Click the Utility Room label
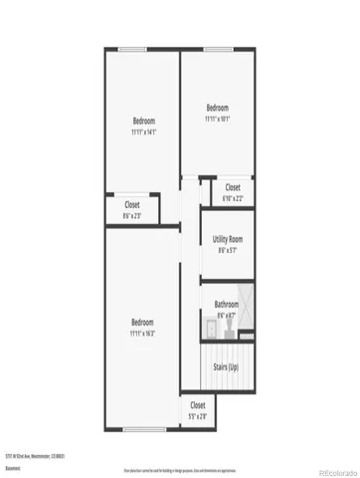[228, 239]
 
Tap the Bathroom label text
[227, 304]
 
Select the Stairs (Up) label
[227, 367]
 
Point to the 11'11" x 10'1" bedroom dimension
[217, 118]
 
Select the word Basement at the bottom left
[13, 466]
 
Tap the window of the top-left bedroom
[130, 49]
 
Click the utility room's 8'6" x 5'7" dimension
[228, 250]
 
